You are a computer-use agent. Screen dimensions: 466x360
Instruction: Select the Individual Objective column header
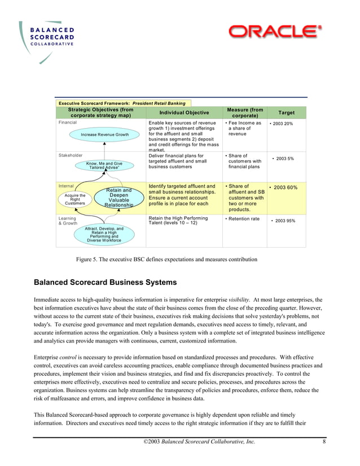click(184, 113)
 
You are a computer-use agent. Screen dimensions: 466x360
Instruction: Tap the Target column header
click(286, 113)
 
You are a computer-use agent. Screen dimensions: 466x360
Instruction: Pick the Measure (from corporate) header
click(244, 113)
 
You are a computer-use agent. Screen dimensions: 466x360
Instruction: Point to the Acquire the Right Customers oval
click(75, 199)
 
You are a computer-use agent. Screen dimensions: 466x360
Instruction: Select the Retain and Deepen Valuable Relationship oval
click(118, 198)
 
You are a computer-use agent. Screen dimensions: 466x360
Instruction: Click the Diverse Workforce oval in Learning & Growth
click(104, 234)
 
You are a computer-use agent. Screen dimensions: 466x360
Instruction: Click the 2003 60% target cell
click(287, 187)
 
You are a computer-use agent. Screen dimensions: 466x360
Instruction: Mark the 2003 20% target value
click(282, 124)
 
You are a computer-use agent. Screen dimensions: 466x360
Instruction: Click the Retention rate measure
click(243, 218)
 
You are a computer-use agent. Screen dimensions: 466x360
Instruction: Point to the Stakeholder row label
click(71, 155)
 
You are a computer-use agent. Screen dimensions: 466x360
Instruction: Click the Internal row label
click(66, 186)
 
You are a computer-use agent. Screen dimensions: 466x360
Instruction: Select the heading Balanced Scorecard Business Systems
click(106, 282)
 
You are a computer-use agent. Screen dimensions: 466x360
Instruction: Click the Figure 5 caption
click(166, 260)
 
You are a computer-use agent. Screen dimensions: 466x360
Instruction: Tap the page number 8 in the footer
click(324, 441)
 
